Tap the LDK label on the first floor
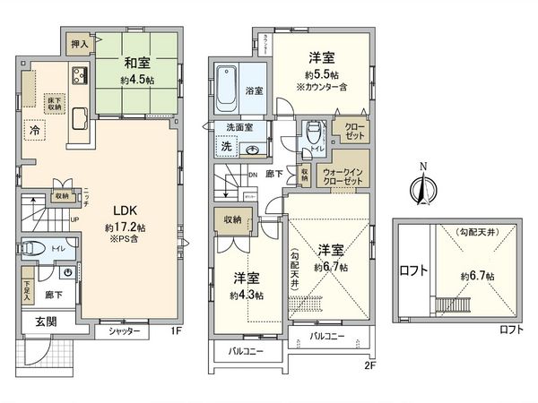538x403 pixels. click(125, 211)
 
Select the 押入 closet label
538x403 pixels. click(79, 43)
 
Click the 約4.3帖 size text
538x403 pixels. click(246, 295)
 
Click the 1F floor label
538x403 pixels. click(178, 330)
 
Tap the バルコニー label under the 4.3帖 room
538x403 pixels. click(245, 351)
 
